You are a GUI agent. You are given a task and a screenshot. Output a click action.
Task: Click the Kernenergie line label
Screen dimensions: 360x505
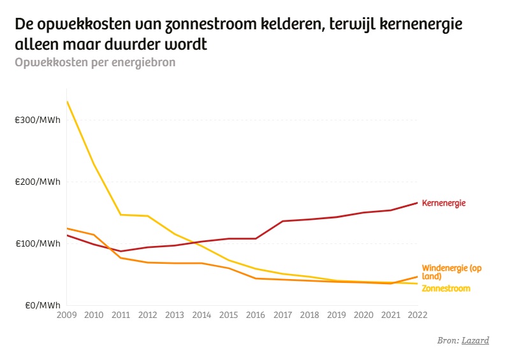(x=444, y=203)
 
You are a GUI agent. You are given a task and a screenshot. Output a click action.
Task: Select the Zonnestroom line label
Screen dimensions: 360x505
(x=446, y=289)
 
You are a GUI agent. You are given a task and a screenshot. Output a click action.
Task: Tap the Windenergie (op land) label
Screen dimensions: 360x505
(x=451, y=272)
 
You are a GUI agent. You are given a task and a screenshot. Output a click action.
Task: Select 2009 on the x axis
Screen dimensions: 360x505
(x=67, y=315)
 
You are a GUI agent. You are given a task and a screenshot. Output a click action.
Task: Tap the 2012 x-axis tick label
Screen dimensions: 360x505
(x=148, y=315)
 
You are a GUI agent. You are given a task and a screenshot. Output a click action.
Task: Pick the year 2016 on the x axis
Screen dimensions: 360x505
(x=256, y=315)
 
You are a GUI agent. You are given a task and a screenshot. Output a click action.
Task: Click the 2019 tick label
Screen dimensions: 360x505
(x=337, y=315)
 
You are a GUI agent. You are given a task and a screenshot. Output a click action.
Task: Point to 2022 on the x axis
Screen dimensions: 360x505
(x=418, y=315)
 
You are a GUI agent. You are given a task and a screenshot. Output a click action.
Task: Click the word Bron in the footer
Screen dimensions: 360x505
(x=448, y=340)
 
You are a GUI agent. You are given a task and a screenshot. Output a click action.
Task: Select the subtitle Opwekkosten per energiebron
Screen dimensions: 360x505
(x=94, y=62)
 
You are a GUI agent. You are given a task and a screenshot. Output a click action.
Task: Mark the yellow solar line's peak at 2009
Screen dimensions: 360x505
(x=67, y=102)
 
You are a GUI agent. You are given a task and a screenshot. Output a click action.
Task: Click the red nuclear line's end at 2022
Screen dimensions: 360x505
(x=418, y=203)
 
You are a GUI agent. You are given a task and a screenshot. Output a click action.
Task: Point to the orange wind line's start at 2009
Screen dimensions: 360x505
(x=67, y=228)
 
